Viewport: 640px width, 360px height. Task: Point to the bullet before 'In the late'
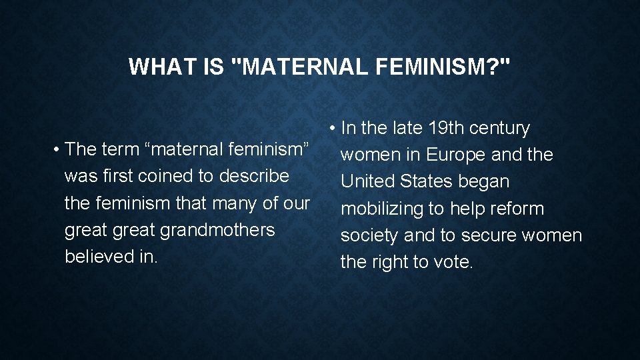[x=333, y=129]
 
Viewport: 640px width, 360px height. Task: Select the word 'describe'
[x=256, y=176]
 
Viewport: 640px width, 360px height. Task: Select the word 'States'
[x=427, y=181]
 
